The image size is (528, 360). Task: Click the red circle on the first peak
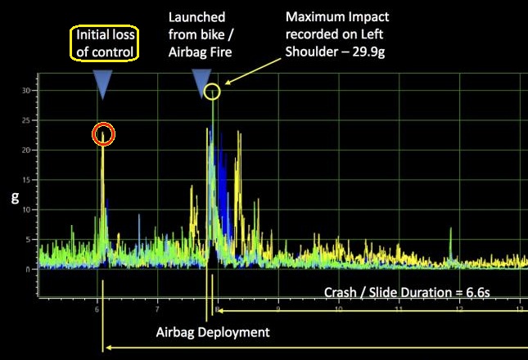(103, 134)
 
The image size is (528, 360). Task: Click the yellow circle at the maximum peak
(212, 91)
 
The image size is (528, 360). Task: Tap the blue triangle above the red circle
(102, 84)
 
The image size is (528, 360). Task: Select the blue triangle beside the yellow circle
(199, 83)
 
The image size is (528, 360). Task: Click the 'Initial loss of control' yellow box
(106, 43)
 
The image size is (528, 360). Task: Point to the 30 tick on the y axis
(27, 91)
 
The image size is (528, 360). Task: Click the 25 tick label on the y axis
(27, 121)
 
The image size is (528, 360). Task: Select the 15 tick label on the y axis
(27, 181)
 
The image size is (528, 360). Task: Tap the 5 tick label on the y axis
(29, 240)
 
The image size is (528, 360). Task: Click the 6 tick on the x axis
(97, 309)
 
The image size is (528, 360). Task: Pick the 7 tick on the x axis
(157, 309)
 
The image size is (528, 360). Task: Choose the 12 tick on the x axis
(458, 309)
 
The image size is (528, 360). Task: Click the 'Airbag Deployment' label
(212, 332)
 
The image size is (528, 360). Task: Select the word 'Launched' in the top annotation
(196, 17)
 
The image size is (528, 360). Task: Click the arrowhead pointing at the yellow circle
(226, 83)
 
